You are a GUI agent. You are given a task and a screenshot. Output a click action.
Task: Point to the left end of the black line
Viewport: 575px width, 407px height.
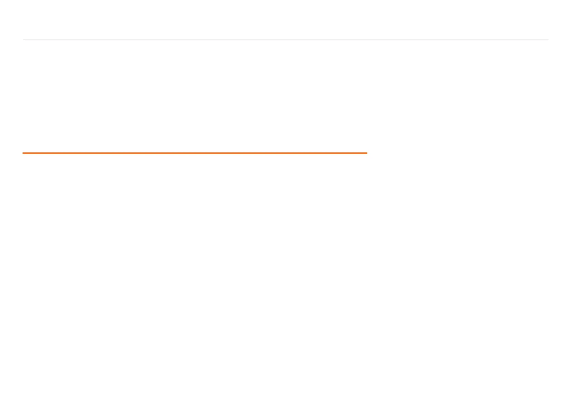tap(24, 40)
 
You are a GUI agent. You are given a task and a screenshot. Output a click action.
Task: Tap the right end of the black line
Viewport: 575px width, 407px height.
tap(548, 40)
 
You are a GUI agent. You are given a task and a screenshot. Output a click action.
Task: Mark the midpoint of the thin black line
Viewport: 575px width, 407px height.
tap(286, 40)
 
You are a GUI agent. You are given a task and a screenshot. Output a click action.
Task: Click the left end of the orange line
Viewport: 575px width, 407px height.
tap(23, 153)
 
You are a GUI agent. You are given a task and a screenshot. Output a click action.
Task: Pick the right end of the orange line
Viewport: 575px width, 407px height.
tap(367, 153)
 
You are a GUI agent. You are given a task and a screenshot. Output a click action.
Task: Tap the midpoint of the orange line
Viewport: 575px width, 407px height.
tap(195, 153)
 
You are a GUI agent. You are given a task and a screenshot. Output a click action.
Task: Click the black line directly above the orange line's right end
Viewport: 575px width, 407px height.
tap(367, 40)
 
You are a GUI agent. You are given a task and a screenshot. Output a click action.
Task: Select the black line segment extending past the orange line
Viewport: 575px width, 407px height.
tap(458, 40)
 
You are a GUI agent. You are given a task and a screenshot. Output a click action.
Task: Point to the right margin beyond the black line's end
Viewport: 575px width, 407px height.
tap(562, 40)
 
